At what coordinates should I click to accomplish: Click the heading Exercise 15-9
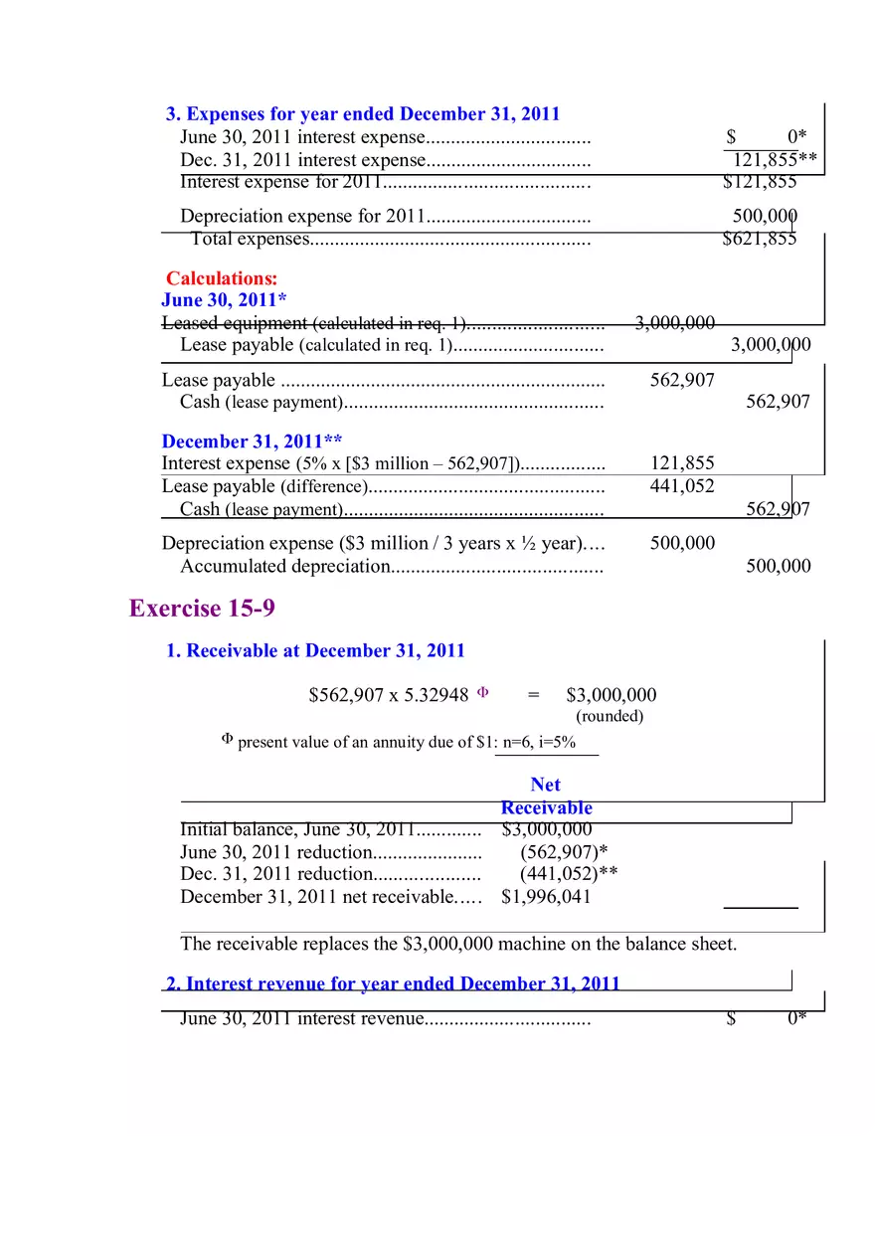click(x=202, y=609)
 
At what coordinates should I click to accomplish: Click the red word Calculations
click(x=222, y=278)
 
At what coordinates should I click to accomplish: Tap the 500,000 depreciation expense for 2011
click(x=765, y=216)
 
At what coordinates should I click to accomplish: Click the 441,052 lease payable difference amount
click(x=682, y=486)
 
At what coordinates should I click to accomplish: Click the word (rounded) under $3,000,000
click(x=610, y=716)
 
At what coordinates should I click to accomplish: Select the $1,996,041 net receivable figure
click(x=546, y=897)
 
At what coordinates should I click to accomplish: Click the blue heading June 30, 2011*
click(x=224, y=300)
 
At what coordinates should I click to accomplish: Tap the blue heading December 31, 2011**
click(x=253, y=442)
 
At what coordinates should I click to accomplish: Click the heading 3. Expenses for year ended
click(x=363, y=114)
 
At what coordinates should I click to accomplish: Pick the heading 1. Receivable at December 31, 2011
click(x=315, y=650)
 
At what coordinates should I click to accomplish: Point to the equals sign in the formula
click(x=534, y=695)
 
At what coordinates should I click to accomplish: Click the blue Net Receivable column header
click(x=546, y=797)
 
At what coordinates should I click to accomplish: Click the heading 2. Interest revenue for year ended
click(x=393, y=983)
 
